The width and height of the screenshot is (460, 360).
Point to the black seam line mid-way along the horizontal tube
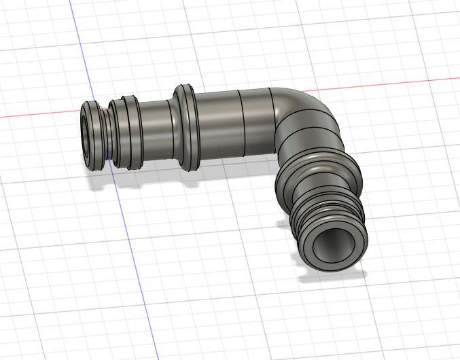[243, 122]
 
